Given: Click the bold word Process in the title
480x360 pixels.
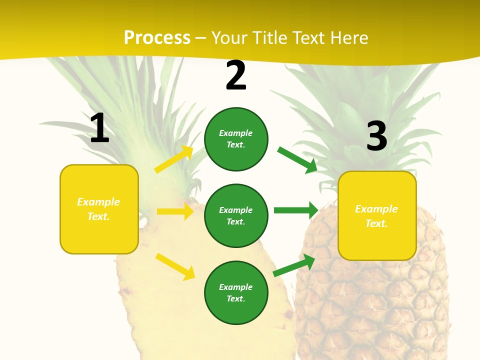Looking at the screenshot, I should (157, 38).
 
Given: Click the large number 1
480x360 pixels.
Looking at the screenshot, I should (99, 128).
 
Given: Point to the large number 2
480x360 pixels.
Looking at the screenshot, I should (236, 76).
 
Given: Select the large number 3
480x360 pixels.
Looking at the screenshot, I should (376, 136).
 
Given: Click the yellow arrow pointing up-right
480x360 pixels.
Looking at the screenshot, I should (174, 159).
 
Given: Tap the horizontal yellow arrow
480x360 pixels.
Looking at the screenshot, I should (175, 211).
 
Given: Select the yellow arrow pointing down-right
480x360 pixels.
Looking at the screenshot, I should (175, 266).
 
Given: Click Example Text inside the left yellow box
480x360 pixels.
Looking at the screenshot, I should (98, 209).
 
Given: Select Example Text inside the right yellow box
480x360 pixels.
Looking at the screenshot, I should (376, 216).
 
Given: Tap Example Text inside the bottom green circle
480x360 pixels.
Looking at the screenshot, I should (236, 293).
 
